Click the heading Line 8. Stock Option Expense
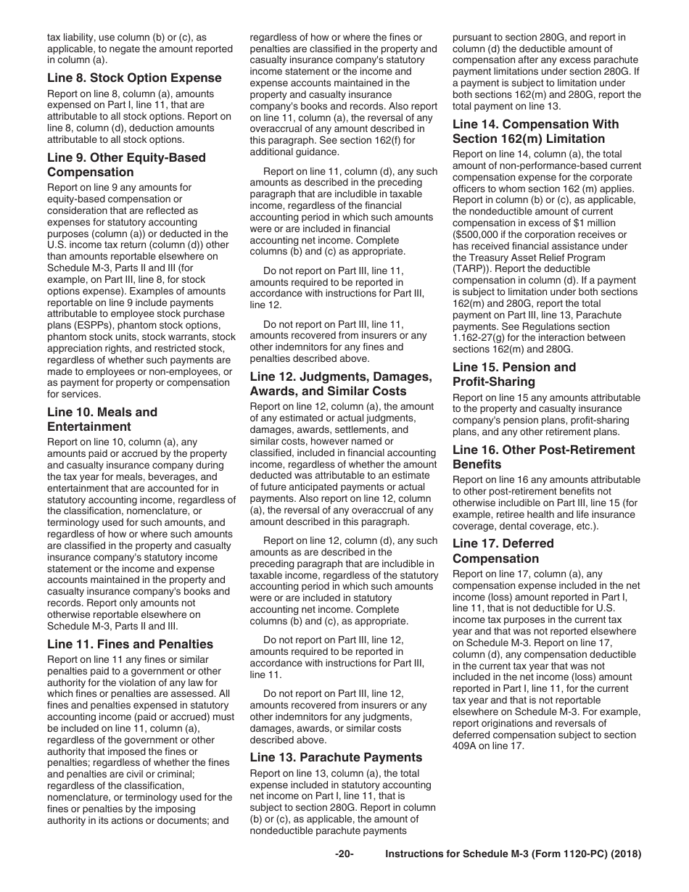[134, 78]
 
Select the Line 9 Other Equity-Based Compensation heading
[126, 165]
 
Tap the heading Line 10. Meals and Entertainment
[102, 419]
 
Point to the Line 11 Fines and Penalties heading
[130, 644]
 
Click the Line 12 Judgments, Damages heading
[340, 384]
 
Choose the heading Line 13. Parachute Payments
[336, 757]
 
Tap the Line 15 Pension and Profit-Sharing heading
[514, 374]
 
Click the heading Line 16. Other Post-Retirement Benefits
[543, 457]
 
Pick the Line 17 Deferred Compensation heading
[503, 550]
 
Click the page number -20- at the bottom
[344, 854]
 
